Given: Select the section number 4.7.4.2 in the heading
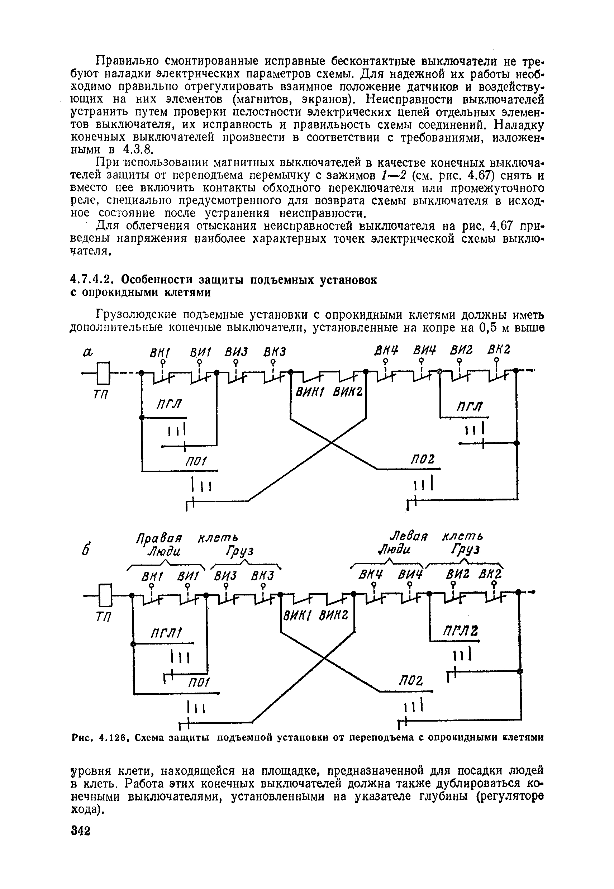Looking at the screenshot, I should pyautogui.click(x=95, y=280).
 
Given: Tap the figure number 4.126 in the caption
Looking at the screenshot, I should pyautogui.click(x=113, y=737).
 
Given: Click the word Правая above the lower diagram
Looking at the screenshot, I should pyautogui.click(x=159, y=537).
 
